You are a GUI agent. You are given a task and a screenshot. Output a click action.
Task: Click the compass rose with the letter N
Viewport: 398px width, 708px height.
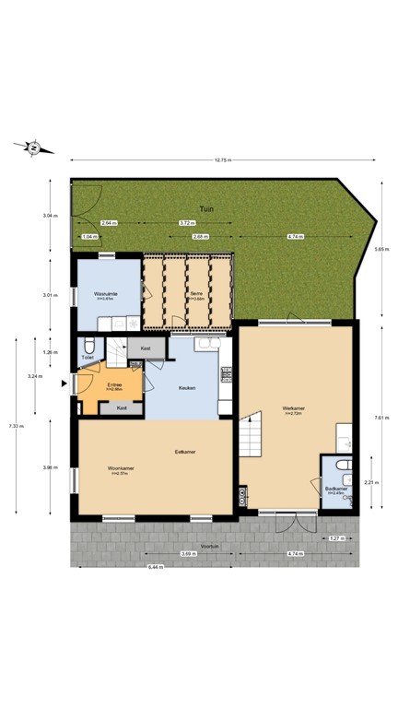32,147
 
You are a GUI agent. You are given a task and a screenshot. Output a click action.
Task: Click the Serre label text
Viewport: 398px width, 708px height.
196,295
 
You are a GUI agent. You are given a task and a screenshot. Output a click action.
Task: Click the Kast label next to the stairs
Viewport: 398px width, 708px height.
146,348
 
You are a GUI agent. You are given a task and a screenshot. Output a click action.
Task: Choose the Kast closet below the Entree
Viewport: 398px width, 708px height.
122,407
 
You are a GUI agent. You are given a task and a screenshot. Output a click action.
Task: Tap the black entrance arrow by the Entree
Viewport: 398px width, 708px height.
64,382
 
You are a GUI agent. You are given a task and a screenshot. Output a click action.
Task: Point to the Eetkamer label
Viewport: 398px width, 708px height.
184,452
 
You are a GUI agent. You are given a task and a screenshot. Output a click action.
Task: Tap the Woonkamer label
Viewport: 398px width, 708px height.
121,469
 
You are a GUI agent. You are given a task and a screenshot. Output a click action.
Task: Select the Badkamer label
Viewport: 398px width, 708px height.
334,490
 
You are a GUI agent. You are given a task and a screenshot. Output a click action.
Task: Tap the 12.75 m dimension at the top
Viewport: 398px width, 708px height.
221,160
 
